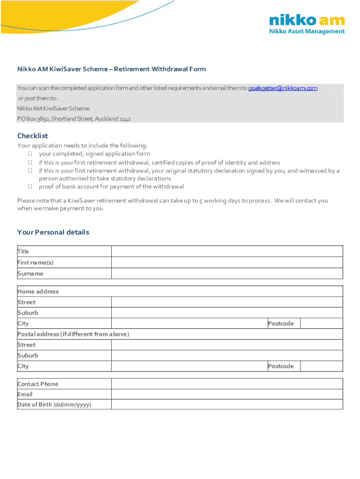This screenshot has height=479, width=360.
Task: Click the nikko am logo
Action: (307, 24)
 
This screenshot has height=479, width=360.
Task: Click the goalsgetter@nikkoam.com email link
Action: (282, 88)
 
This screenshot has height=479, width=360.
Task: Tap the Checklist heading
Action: (33, 136)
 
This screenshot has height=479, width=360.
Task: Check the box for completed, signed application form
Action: (29, 153)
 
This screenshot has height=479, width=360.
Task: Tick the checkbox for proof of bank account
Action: (29, 186)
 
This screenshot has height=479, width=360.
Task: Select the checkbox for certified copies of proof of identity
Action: (29, 162)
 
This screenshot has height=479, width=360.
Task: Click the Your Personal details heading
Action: (53, 232)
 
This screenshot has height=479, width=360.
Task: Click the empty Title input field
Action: (227, 251)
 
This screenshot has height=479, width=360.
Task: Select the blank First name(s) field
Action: (227, 262)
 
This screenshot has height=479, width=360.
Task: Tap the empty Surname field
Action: (227, 274)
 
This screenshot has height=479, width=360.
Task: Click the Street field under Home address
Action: (227, 302)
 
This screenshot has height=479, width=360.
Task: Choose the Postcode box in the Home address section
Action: (321, 323)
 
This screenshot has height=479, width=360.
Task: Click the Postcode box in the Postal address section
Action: (321, 366)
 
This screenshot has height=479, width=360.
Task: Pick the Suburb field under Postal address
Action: (227, 355)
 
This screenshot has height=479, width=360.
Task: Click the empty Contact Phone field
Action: (227, 384)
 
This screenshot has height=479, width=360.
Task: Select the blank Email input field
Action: (227, 394)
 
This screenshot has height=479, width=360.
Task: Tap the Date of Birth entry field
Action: (227, 405)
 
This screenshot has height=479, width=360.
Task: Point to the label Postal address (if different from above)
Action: (73, 334)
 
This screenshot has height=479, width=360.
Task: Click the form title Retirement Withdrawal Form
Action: (111, 69)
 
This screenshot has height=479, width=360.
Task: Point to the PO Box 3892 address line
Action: (74, 119)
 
